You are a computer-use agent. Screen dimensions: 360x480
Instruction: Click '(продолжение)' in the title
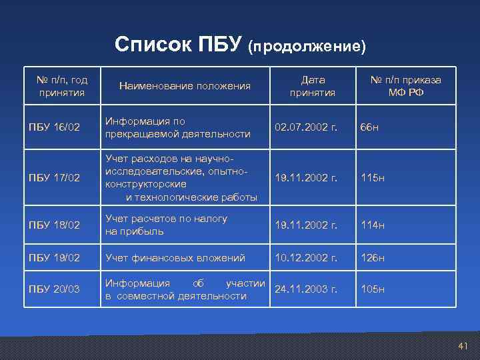click(x=307, y=47)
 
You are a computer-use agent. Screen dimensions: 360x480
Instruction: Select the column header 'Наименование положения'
click(x=185, y=85)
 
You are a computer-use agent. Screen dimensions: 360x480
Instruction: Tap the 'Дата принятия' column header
click(x=312, y=85)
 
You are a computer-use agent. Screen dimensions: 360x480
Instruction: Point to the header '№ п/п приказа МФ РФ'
click(x=405, y=85)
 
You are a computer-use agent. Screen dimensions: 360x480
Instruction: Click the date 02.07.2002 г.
click(x=307, y=127)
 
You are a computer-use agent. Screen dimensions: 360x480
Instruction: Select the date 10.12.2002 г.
click(x=307, y=257)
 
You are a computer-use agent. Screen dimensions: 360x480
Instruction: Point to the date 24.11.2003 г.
click(x=307, y=289)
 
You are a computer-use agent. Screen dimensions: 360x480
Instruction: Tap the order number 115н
click(x=373, y=178)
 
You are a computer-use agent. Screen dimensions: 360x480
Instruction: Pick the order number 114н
click(x=373, y=225)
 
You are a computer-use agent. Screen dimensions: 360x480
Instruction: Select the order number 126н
click(x=373, y=257)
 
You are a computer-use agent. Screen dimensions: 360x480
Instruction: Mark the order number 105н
click(x=373, y=289)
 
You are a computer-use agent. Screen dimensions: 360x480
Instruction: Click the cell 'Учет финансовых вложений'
click(x=175, y=257)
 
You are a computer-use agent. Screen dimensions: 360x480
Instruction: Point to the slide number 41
click(x=463, y=345)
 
